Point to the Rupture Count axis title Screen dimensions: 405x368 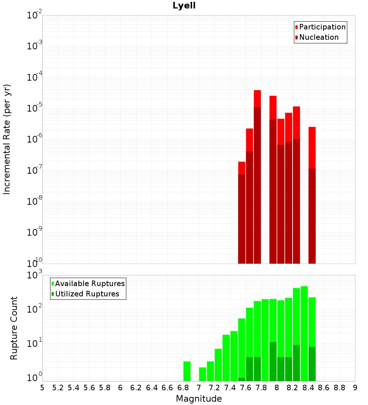[14, 328]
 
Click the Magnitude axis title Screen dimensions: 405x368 [199, 399]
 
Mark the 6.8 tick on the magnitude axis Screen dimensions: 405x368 [183, 388]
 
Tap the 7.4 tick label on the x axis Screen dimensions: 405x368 [230, 388]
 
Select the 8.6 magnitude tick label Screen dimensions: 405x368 [324, 388]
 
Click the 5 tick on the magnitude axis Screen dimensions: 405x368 [42, 388]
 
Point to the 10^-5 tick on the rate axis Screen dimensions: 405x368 [35, 109]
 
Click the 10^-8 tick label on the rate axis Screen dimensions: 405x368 [35, 202]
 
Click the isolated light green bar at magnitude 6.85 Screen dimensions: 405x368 [187, 371]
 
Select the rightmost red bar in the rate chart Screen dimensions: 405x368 [312, 147]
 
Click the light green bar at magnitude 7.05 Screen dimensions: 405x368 [203, 374]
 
